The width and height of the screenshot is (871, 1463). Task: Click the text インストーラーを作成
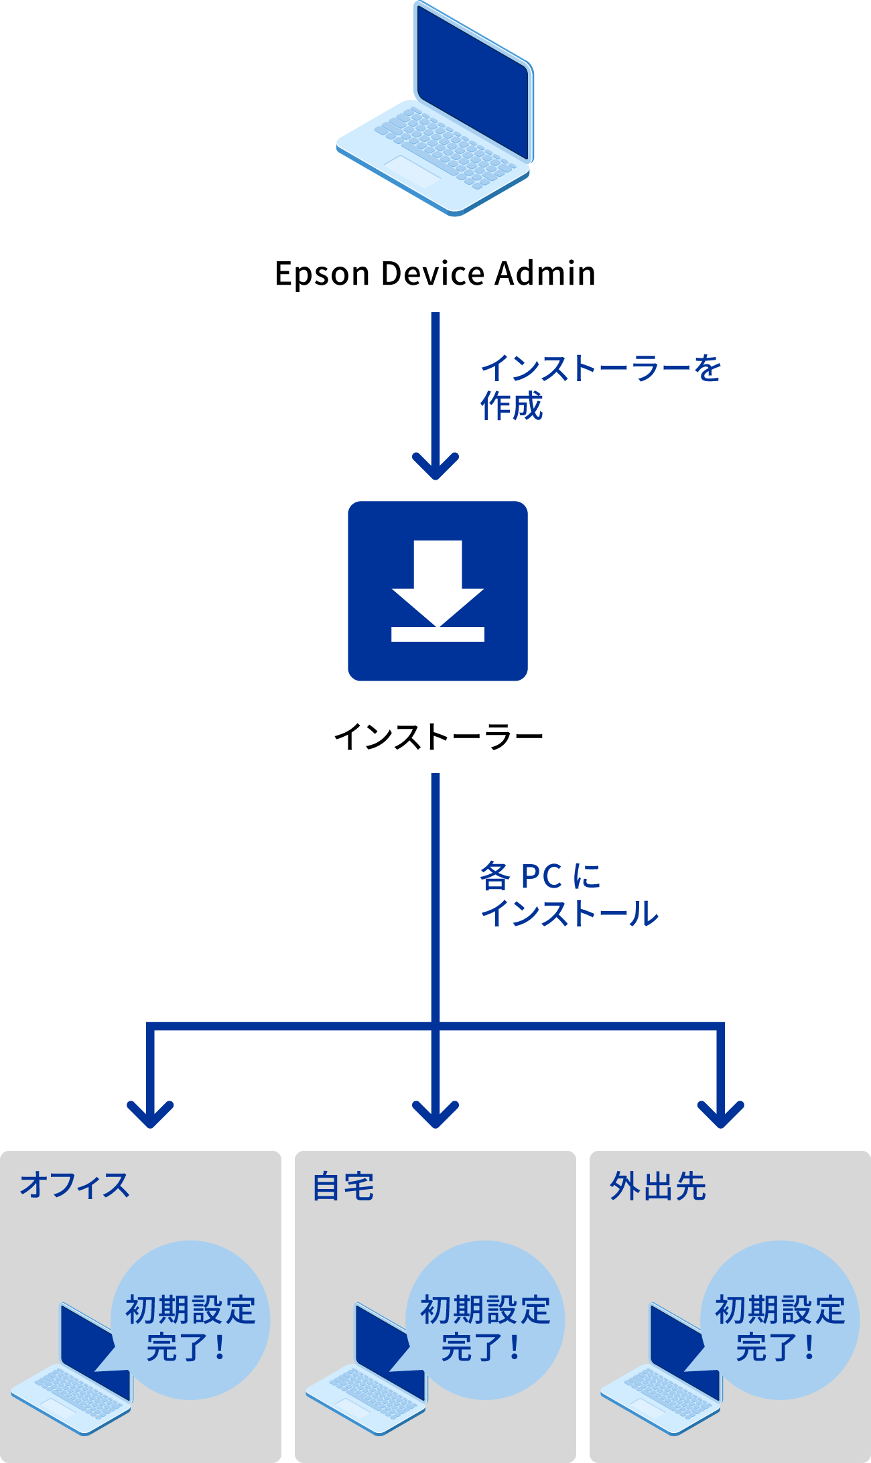[x=600, y=387]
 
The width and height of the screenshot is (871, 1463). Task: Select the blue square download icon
[x=438, y=591]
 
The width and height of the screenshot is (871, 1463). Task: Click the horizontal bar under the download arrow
[x=438, y=634]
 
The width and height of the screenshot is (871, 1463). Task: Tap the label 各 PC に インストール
[x=568, y=895]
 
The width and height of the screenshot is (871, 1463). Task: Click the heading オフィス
[x=74, y=1186]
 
